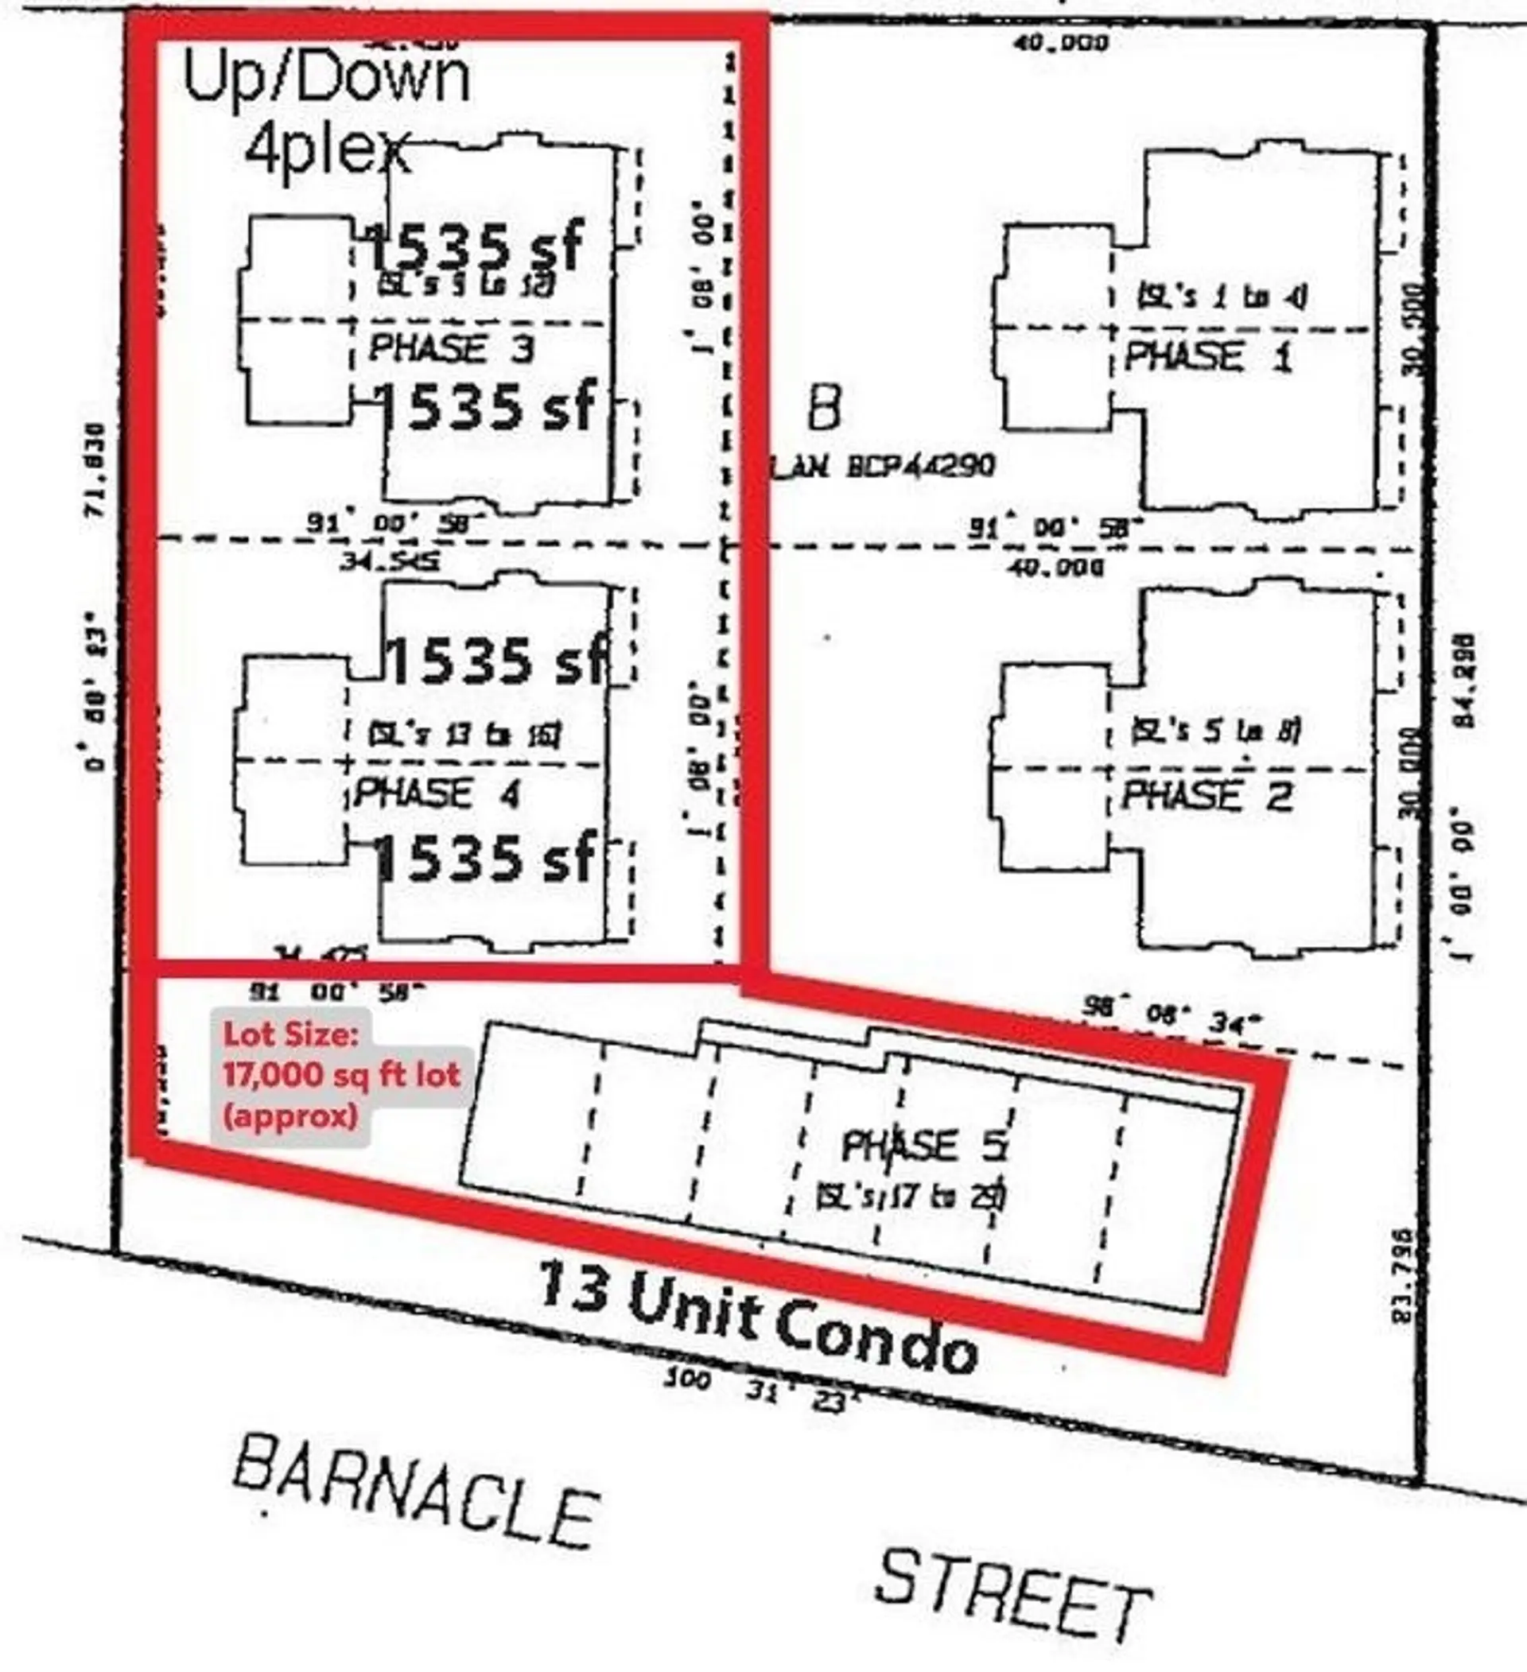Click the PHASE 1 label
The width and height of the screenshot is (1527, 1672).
pos(1207,357)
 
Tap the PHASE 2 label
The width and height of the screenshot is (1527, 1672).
pos(1206,796)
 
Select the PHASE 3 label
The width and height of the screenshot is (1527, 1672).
pos(450,347)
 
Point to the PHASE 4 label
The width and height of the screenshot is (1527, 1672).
pos(437,793)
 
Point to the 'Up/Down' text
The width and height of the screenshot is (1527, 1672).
pos(326,79)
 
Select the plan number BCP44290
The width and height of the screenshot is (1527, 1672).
pos(921,467)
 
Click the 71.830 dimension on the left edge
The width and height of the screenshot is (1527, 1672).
pos(99,470)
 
